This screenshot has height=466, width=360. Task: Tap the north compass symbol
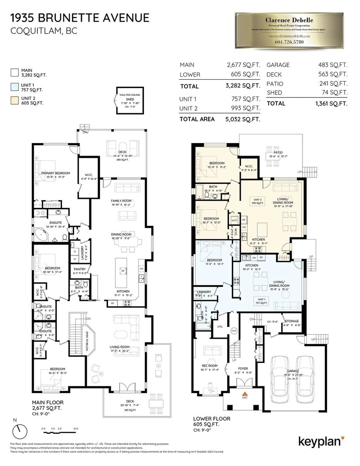[x=18, y=431]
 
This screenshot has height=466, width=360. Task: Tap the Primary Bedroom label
[x=54, y=173]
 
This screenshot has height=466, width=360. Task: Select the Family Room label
[x=121, y=201]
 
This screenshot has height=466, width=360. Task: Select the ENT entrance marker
[x=245, y=398]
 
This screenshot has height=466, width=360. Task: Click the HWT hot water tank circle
[x=234, y=331]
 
